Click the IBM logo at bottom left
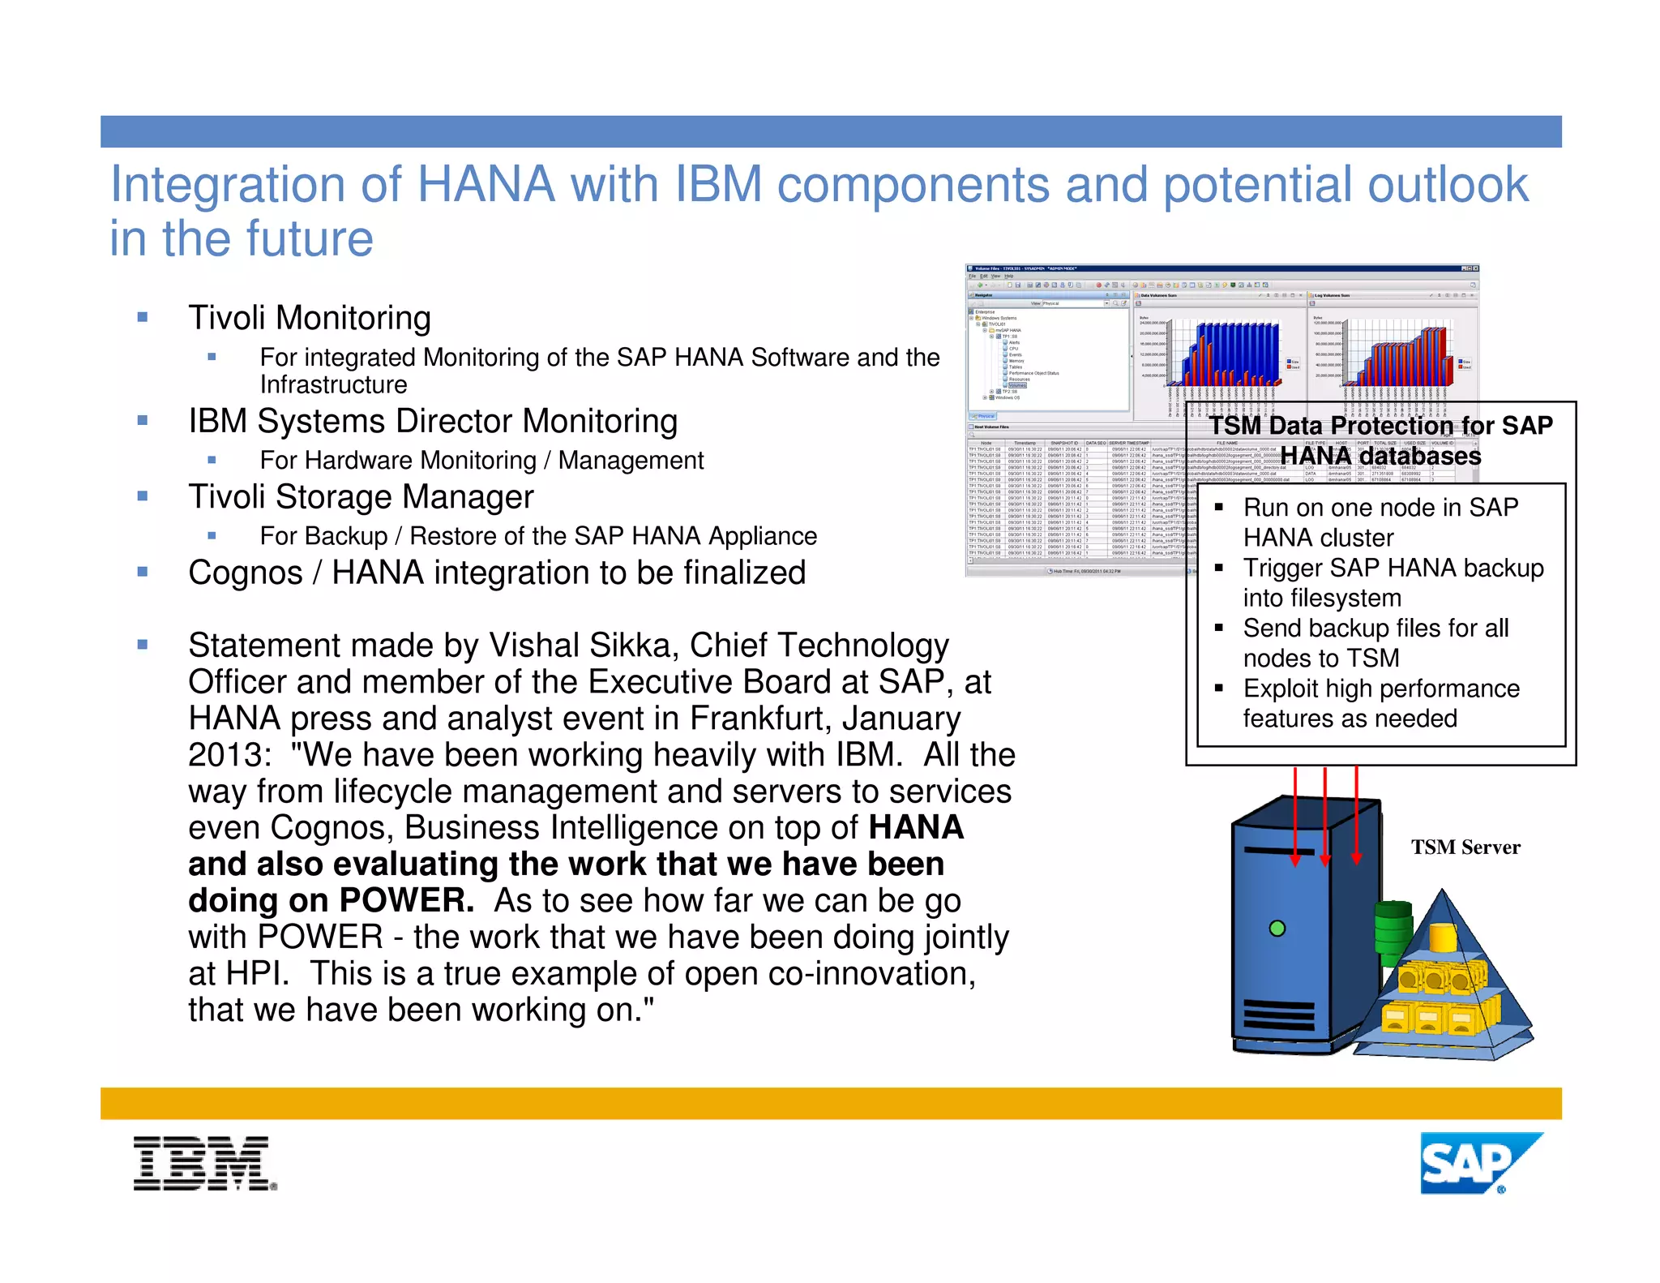[x=204, y=1163]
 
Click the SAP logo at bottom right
[x=1479, y=1163]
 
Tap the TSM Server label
[x=1465, y=847]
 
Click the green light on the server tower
[x=1277, y=928]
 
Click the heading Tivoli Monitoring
[x=309, y=318]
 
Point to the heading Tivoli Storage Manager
[x=361, y=497]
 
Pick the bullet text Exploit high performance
[x=1381, y=689]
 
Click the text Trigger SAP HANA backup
[x=1393, y=568]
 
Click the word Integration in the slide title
[x=229, y=184]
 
